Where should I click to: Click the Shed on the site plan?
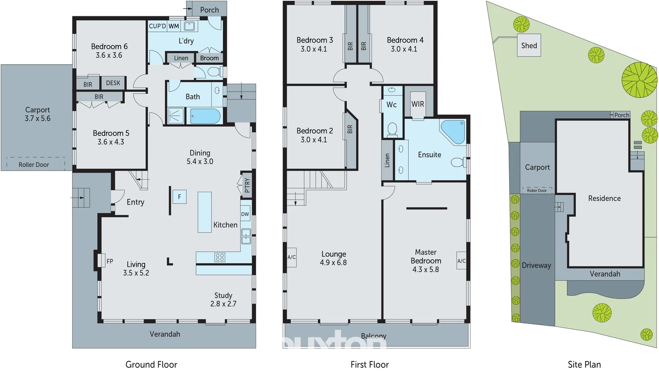(x=529, y=45)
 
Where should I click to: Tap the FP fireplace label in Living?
(x=110, y=261)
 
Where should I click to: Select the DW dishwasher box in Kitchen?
(x=245, y=214)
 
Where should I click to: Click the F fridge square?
(x=180, y=197)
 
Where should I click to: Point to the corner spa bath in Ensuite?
(x=453, y=131)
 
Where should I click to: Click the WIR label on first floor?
(x=418, y=104)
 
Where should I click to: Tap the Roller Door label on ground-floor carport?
(x=34, y=165)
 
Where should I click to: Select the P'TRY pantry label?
(x=247, y=185)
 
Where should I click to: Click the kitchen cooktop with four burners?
(x=220, y=257)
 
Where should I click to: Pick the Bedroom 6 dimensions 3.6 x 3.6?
(x=109, y=55)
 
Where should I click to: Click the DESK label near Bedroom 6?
(x=113, y=83)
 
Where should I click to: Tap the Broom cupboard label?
(x=209, y=58)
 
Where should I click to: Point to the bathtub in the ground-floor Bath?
(x=205, y=116)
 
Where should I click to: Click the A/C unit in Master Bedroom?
(x=461, y=261)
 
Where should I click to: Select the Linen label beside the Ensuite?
(x=387, y=160)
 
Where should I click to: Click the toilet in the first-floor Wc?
(x=392, y=129)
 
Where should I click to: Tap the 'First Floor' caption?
(x=369, y=364)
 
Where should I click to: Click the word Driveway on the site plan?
(x=536, y=266)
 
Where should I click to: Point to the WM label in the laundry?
(x=174, y=26)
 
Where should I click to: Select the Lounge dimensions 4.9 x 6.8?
(x=333, y=263)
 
